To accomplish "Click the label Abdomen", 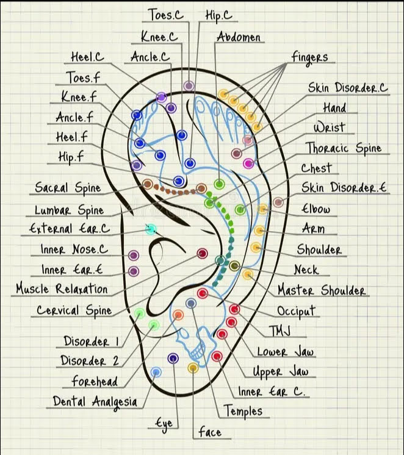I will (239, 37).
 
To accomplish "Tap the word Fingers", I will (309, 57).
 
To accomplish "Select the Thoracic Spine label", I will (343, 148).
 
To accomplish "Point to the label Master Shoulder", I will (322, 290).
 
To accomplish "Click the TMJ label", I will (279, 331).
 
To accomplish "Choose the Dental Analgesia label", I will (95, 401).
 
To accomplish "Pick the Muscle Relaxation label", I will (62, 288).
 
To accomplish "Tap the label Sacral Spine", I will (68, 188).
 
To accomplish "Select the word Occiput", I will (297, 310).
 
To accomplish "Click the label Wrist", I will (329, 127).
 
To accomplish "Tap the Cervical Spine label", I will (74, 310).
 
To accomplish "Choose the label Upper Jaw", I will (281, 371).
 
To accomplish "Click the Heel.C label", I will (87, 57).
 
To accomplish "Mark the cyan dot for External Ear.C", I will (151, 230).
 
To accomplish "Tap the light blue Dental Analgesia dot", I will (156, 372).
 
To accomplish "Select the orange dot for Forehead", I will (178, 315).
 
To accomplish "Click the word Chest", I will (316, 168).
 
